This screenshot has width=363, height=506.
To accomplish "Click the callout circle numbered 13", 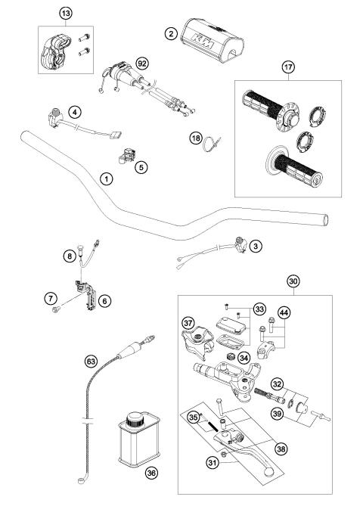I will pyautogui.click(x=67, y=14).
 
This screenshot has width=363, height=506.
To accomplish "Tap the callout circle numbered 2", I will pyautogui.click(x=172, y=34).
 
